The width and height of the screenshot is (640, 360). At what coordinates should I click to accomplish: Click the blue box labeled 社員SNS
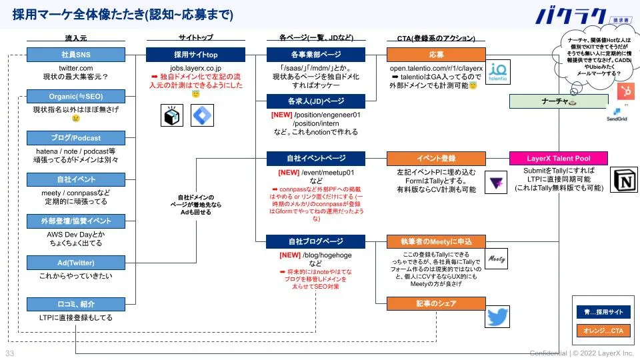pyautogui.click(x=75, y=55)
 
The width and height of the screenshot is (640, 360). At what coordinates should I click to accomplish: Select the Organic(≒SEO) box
pyautogui.click(x=75, y=97)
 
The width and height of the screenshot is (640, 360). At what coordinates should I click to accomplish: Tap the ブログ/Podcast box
pyautogui.click(x=75, y=138)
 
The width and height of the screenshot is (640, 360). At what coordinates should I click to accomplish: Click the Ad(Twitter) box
pyautogui.click(x=75, y=263)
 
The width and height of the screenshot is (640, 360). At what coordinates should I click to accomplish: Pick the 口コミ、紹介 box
pyautogui.click(x=75, y=305)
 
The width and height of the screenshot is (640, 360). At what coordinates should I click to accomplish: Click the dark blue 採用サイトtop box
pyautogui.click(x=195, y=55)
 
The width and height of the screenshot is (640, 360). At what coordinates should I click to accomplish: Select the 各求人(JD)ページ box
pyautogui.click(x=316, y=101)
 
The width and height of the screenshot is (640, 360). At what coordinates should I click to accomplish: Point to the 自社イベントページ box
pyautogui.click(x=316, y=159)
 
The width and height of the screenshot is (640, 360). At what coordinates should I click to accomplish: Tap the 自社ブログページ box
pyautogui.click(x=316, y=241)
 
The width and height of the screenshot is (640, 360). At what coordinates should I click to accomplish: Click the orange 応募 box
pyautogui.click(x=437, y=55)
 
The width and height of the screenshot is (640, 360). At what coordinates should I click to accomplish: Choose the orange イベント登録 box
pyautogui.click(x=437, y=159)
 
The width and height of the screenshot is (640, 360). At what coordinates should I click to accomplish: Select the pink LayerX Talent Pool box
pyautogui.click(x=558, y=159)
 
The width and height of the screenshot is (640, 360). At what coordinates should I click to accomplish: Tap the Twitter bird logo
pyautogui.click(x=497, y=315)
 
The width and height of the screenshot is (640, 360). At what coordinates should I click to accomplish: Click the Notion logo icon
pyautogui.click(x=624, y=180)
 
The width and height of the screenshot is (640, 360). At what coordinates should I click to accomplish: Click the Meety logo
pyautogui.click(x=497, y=257)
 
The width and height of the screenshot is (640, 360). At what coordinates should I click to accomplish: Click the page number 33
pyautogui.click(x=10, y=353)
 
